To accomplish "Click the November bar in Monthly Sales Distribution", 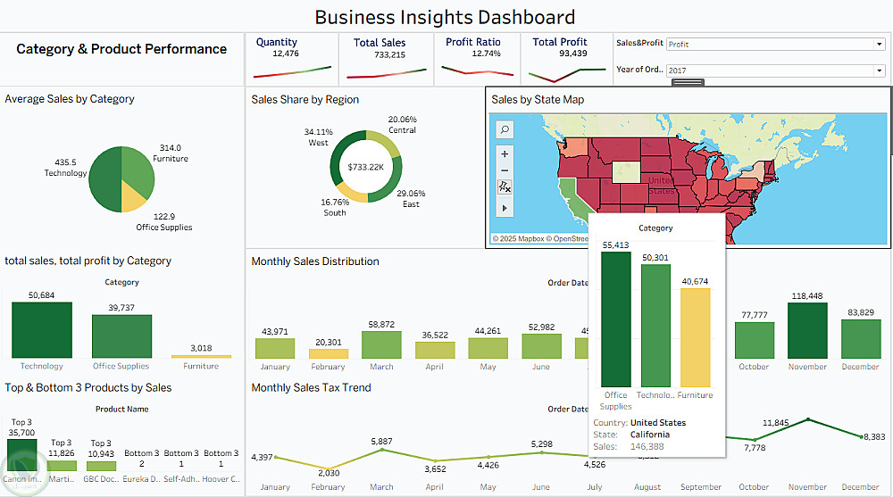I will coord(808,331).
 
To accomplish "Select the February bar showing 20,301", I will coord(328,353).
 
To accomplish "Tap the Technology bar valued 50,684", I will coord(42,330).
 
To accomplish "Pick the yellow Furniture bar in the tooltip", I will coord(696,336).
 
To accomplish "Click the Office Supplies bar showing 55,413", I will coord(615,319).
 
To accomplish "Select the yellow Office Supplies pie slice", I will coord(135,193).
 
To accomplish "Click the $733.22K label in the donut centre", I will coord(365,167).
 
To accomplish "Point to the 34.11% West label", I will coord(318,137).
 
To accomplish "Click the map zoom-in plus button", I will coord(505,153).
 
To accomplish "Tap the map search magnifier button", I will coord(505,129).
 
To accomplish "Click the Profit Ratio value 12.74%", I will coord(486,54).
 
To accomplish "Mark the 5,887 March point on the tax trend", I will coord(381,450).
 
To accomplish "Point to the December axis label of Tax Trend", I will coord(860,487).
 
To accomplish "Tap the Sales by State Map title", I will coord(538,99).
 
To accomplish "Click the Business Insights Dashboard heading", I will coord(445,17).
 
